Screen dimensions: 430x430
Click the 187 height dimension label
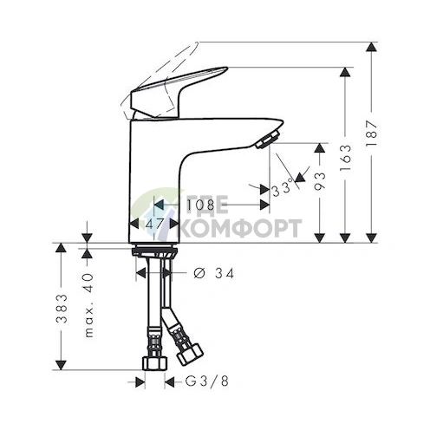point(372,134)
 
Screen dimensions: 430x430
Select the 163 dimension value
point(346,157)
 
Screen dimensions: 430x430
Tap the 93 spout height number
point(320,181)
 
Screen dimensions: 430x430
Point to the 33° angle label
point(282,189)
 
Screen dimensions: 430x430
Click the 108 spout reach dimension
point(201,205)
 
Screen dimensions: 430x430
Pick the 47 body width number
point(154,224)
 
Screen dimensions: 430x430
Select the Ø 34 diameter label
point(213,273)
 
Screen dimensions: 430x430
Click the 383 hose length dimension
point(62,309)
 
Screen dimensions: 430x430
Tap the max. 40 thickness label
point(89,305)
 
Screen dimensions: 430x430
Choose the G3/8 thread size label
point(206,381)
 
